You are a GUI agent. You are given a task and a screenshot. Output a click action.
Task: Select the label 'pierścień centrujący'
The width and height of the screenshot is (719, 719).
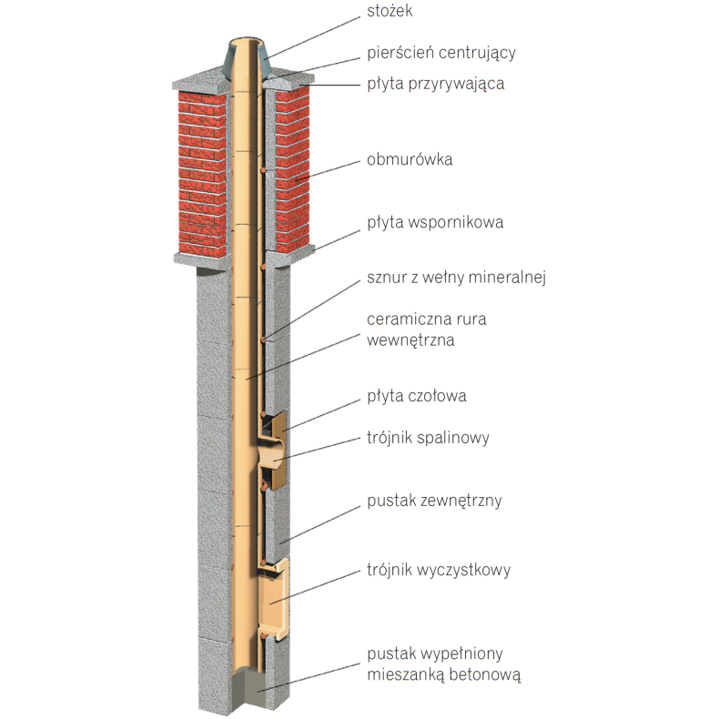click(x=441, y=52)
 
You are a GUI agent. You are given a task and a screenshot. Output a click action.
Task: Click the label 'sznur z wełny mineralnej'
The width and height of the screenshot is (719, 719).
click(x=455, y=276)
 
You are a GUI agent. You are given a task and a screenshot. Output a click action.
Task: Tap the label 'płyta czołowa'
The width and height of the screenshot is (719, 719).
click(x=417, y=397)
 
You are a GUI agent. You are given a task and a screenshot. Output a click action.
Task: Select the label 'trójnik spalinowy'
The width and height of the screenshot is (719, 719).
click(x=428, y=438)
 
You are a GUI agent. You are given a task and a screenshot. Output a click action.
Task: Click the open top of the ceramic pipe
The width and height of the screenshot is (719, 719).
click(x=244, y=42)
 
